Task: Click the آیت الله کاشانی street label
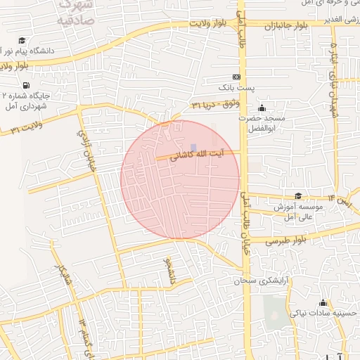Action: click(199, 153)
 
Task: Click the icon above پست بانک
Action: click(236, 77)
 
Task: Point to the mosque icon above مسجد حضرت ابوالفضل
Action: click(262, 108)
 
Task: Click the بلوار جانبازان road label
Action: click(282, 27)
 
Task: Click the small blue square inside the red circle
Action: click(193, 167)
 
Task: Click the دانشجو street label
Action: click(168, 270)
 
